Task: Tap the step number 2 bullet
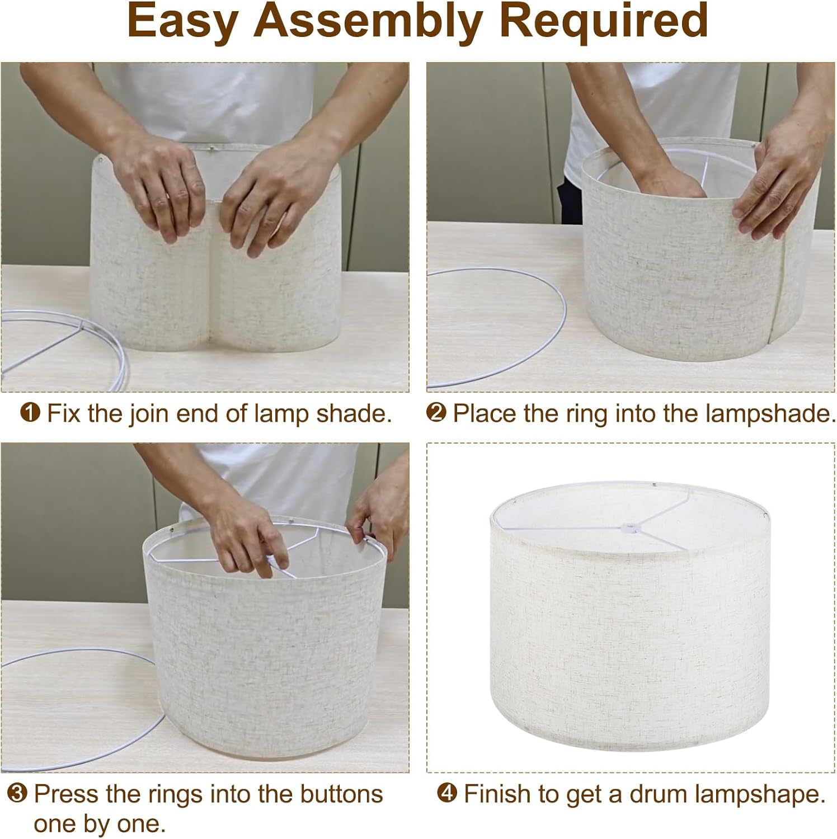(436, 413)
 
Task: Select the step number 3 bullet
(17, 794)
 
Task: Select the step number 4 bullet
(447, 794)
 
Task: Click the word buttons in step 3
(341, 794)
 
